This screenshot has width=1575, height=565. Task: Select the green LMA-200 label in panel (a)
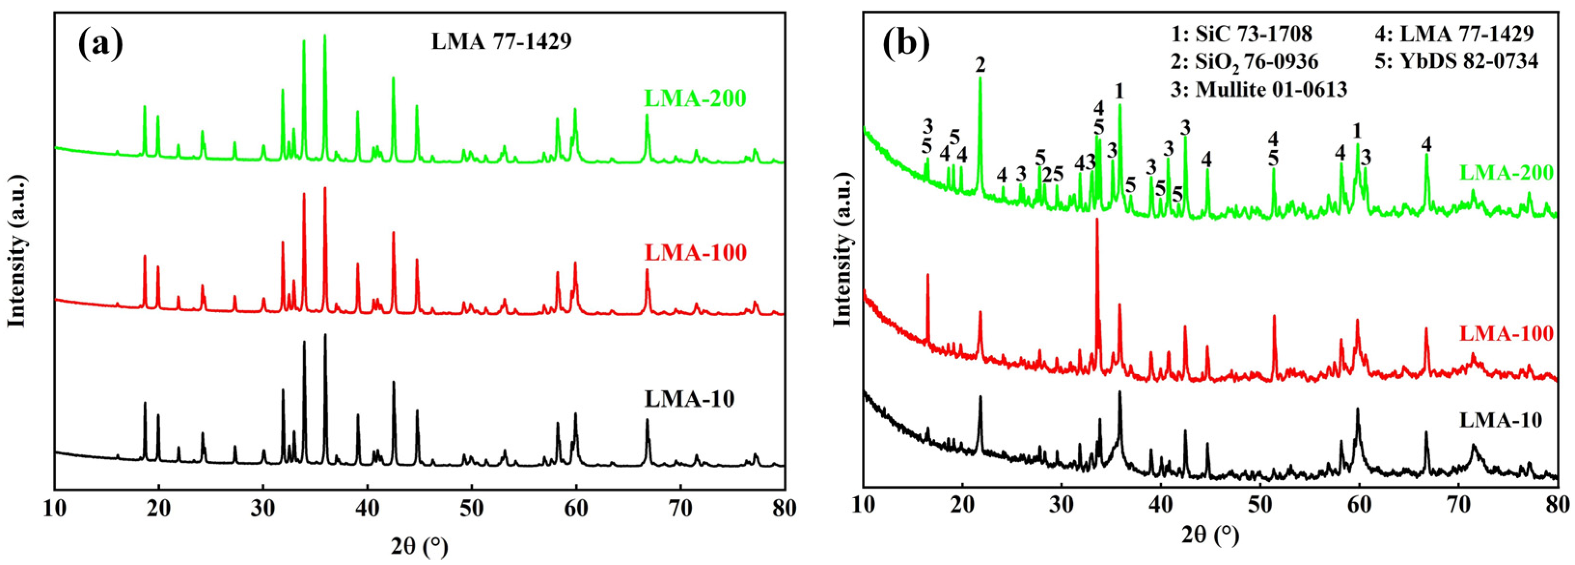pyautogui.click(x=695, y=98)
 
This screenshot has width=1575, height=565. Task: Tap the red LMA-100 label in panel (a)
pyautogui.click(x=695, y=252)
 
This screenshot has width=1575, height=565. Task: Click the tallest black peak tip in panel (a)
pyautogui.click(x=325, y=335)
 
